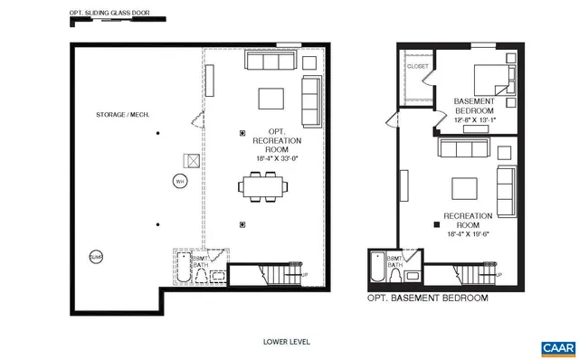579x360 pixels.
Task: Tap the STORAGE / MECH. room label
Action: tap(122, 115)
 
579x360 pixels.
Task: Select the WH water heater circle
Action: tap(179, 181)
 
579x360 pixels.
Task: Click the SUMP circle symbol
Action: tap(96, 257)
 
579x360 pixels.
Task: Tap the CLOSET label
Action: tap(418, 66)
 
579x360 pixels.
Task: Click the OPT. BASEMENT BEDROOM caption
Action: tap(427, 298)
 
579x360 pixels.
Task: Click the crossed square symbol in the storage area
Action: tap(193, 160)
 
